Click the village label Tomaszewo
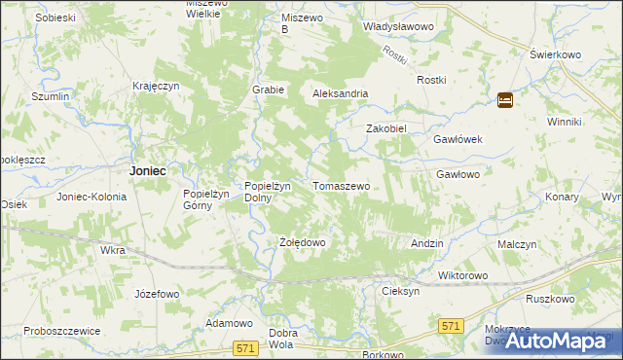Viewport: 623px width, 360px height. [341, 185]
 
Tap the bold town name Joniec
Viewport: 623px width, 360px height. [147, 170]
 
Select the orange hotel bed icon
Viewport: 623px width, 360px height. [505, 99]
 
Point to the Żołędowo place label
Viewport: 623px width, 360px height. [301, 242]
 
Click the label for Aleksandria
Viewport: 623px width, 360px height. [340, 93]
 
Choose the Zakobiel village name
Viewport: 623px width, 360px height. [385, 128]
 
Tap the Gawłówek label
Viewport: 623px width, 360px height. [458, 139]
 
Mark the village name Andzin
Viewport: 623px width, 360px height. [427, 243]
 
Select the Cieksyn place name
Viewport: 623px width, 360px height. [400, 291]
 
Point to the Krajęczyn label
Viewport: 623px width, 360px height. [157, 86]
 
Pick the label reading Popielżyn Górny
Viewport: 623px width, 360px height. [205, 199]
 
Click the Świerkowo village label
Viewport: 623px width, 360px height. [548, 54]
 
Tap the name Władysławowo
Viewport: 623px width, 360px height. [397, 28]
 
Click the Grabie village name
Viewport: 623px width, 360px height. [268, 90]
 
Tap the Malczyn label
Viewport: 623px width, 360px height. [517, 245]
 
